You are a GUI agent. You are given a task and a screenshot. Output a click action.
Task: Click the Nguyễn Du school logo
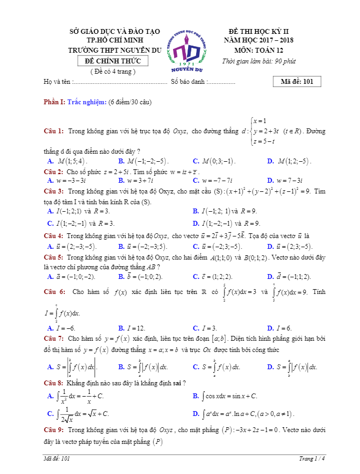click(185, 51)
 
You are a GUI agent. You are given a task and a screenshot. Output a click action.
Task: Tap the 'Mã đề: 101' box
click(297, 82)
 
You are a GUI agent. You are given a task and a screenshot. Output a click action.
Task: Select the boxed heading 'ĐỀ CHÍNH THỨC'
click(112, 61)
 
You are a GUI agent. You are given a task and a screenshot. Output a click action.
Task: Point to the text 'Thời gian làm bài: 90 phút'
click(259, 61)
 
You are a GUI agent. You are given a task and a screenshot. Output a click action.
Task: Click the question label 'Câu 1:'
click(54, 131)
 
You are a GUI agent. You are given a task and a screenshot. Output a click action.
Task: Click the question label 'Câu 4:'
click(54, 236)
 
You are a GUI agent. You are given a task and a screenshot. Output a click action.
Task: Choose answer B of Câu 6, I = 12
click(132, 328)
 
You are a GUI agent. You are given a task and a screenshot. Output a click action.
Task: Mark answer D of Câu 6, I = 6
click(279, 328)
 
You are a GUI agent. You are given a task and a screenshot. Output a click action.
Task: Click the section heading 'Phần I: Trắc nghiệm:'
click(75, 102)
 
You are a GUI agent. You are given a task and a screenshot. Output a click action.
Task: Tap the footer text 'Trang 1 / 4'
click(312, 458)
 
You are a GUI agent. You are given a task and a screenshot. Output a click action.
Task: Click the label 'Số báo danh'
click(188, 82)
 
